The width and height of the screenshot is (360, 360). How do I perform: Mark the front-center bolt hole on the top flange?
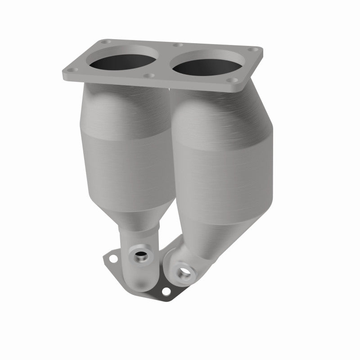pyautogui.click(x=150, y=75)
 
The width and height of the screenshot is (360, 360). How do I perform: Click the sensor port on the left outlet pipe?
pyautogui.click(x=141, y=257)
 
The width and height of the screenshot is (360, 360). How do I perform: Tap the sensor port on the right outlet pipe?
pyautogui.click(x=184, y=272)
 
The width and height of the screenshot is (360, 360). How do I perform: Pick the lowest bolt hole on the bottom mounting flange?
pyautogui.click(x=166, y=292)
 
